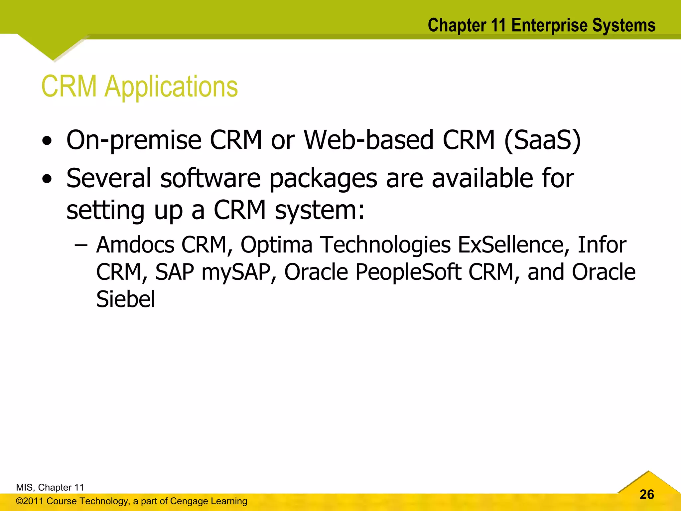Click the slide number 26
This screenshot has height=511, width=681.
point(646,494)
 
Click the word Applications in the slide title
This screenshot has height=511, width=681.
point(171,86)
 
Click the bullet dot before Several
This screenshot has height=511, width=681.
point(47,179)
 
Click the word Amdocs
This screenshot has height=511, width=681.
point(135,245)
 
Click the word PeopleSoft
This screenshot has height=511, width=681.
point(408,272)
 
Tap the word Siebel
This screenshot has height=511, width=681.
point(125,299)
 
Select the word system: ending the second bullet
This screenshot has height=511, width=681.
point(320,211)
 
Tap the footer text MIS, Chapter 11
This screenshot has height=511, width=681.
point(50,487)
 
